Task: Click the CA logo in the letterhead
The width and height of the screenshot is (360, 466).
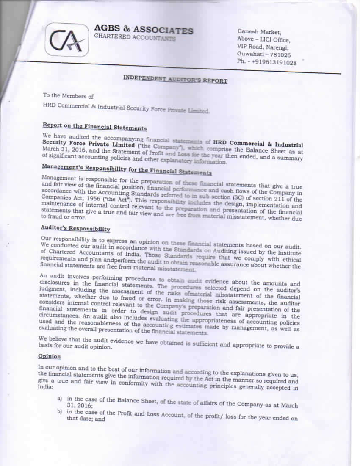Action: (66, 39)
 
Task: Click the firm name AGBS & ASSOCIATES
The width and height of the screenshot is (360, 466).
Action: (144, 30)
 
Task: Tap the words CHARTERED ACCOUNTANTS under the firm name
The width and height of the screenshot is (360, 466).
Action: (135, 37)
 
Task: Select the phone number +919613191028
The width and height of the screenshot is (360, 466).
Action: (274, 62)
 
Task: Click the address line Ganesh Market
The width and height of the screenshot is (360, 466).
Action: (259, 31)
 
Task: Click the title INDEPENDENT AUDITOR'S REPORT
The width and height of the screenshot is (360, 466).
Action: (175, 79)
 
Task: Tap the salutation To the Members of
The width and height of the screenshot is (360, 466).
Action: (68, 97)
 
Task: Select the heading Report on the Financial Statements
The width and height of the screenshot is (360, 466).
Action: (94, 127)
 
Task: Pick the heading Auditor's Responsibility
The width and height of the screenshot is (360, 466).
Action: (76, 229)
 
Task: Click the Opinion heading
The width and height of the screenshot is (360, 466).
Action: (50, 357)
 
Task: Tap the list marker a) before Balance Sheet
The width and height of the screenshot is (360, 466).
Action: (60, 399)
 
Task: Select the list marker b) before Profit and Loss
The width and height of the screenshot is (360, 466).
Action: (60, 412)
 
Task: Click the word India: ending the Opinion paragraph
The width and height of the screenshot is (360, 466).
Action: (46, 387)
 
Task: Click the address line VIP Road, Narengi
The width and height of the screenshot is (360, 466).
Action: (263, 47)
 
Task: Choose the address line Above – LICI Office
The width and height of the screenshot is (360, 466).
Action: (263, 39)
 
